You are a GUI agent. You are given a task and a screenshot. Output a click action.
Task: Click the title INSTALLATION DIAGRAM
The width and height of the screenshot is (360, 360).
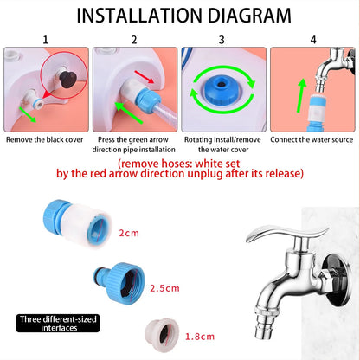pyautogui.click(x=180, y=15)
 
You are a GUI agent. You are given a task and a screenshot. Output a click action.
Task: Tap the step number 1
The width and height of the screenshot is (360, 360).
pyautogui.click(x=45, y=39)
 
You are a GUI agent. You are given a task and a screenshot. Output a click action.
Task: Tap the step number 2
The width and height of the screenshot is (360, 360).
pyautogui.click(x=133, y=39)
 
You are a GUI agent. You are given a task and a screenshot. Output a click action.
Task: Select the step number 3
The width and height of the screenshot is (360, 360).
pyautogui.click(x=222, y=39)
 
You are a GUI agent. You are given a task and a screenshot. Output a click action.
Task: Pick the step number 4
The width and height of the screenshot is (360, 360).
pyautogui.click(x=313, y=39)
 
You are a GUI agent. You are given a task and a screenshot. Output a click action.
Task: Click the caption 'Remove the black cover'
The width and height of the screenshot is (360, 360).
pyautogui.click(x=45, y=138)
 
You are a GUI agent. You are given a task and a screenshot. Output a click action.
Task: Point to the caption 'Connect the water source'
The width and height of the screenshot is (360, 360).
pyautogui.click(x=313, y=138)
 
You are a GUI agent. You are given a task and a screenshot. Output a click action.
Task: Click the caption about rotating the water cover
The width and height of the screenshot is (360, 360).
pyautogui.click(x=223, y=143)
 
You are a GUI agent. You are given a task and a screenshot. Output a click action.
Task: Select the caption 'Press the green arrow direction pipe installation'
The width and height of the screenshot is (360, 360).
pyautogui.click(x=134, y=143)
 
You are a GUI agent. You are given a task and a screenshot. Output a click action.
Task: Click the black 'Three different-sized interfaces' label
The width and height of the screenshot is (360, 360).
pyautogui.click(x=56, y=323)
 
